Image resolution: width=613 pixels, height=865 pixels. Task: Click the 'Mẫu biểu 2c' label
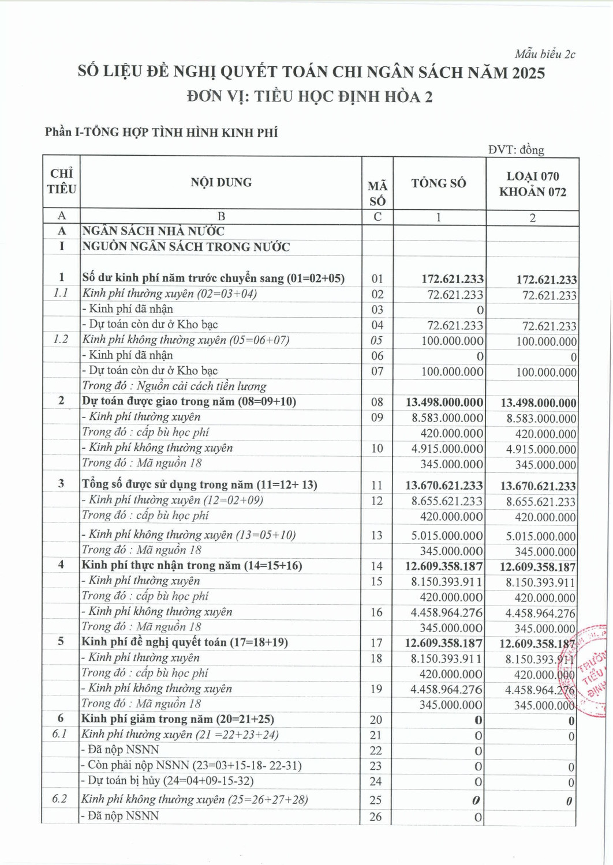coord(545,54)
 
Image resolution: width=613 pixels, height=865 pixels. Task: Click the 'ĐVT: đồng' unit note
coord(515,150)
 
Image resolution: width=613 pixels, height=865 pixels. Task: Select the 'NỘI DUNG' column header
coord(221,182)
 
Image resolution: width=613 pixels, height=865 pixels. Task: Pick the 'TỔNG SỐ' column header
coord(439,183)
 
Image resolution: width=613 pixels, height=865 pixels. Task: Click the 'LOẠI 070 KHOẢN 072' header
coord(532,184)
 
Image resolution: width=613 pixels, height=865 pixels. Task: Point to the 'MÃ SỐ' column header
coord(377,193)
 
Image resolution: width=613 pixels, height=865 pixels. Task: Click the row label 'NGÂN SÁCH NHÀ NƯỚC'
coord(153,231)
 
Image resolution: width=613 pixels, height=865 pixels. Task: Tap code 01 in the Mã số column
coord(377,279)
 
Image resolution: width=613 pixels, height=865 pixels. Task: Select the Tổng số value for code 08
coord(444,403)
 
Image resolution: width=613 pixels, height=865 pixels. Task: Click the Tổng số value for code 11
coord(444,486)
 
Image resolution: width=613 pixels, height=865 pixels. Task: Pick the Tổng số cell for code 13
coord(447,536)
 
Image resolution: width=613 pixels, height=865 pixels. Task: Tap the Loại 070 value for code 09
coord(541,419)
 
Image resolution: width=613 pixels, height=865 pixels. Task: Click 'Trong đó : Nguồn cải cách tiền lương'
coord(174,386)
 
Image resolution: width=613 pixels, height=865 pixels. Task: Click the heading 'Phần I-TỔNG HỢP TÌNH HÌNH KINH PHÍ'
coord(161,132)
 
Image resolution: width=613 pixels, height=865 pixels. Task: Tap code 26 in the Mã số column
coord(376,817)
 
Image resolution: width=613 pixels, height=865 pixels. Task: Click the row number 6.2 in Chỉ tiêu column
coord(59,799)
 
